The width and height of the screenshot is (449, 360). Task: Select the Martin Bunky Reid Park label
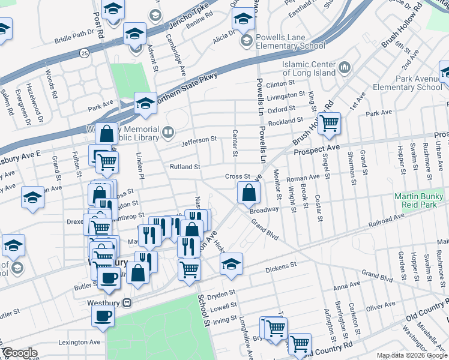[x=418, y=202]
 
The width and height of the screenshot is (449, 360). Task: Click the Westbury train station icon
[x=127, y=303]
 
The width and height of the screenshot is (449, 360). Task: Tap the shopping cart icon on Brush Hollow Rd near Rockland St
[x=329, y=124]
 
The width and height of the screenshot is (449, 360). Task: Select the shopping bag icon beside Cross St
[x=249, y=193]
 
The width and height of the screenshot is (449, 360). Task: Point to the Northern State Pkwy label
[x=186, y=91]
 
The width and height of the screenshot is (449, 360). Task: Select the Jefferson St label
[x=199, y=139]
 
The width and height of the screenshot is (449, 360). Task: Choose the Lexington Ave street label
[x=79, y=342]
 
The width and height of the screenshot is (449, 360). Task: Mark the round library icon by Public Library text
[x=169, y=131]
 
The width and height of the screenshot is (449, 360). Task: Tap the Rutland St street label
[x=184, y=166]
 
